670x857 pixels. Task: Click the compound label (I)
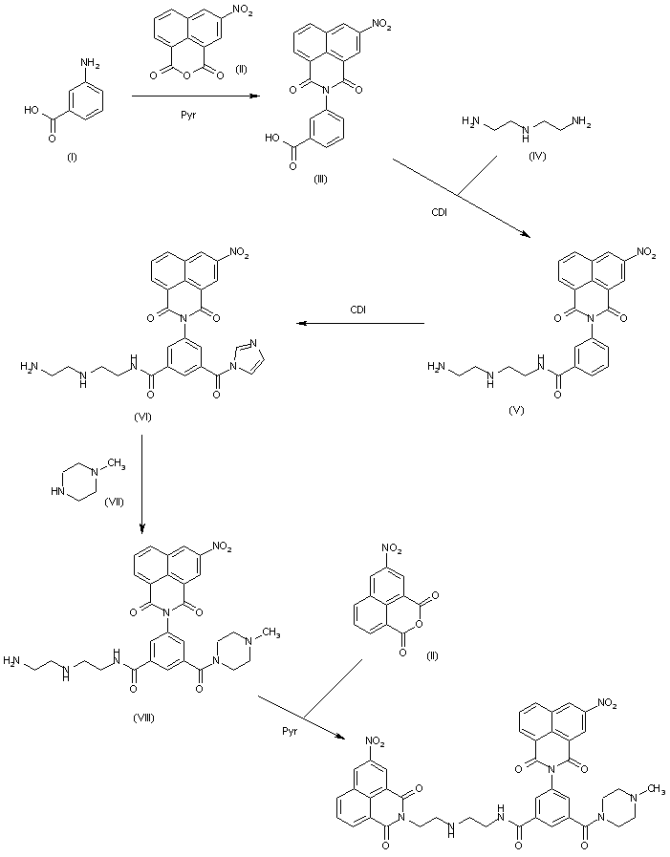pos(71,157)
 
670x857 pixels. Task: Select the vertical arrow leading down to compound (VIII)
pos(142,483)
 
